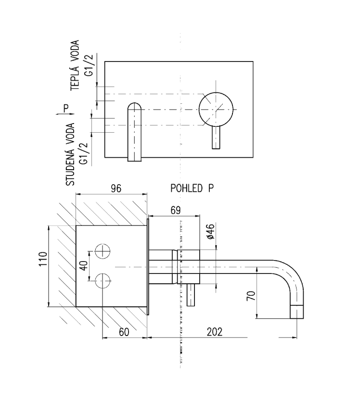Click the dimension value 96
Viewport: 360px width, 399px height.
click(x=116, y=189)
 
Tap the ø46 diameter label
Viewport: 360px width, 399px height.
click(x=211, y=232)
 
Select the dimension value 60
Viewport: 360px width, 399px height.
click(x=124, y=332)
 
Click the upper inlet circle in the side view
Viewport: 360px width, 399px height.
click(x=103, y=251)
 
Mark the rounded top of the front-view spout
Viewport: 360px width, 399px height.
click(x=135, y=107)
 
